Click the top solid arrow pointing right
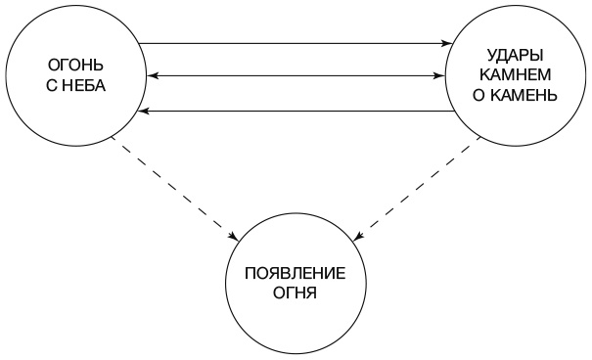294,43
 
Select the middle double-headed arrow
294,75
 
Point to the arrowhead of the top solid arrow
443,43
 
